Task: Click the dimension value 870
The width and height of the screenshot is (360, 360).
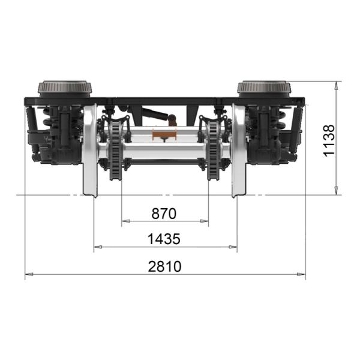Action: [x=164, y=214]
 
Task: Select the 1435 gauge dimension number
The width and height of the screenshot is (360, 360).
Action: [x=164, y=239]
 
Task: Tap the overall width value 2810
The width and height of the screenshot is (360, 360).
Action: [x=164, y=266]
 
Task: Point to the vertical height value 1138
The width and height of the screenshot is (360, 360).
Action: [x=329, y=141]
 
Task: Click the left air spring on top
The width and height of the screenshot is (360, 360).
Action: [x=65, y=89]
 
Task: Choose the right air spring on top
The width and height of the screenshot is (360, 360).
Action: [x=264, y=89]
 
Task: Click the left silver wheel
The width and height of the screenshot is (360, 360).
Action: [x=90, y=151]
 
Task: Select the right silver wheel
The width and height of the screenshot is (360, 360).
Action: [x=239, y=151]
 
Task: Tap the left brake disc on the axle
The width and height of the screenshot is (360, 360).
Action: [x=115, y=151]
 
